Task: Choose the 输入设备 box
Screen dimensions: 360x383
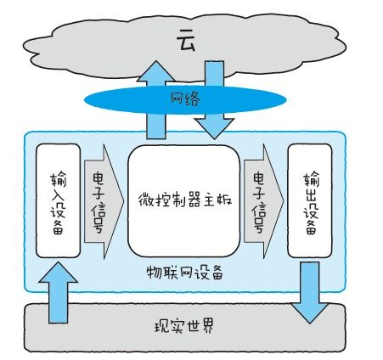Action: [58, 200]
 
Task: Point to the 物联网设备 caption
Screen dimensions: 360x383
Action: [184, 273]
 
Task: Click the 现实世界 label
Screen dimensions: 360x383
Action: [184, 326]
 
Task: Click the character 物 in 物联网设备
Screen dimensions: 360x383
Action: [154, 273]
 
